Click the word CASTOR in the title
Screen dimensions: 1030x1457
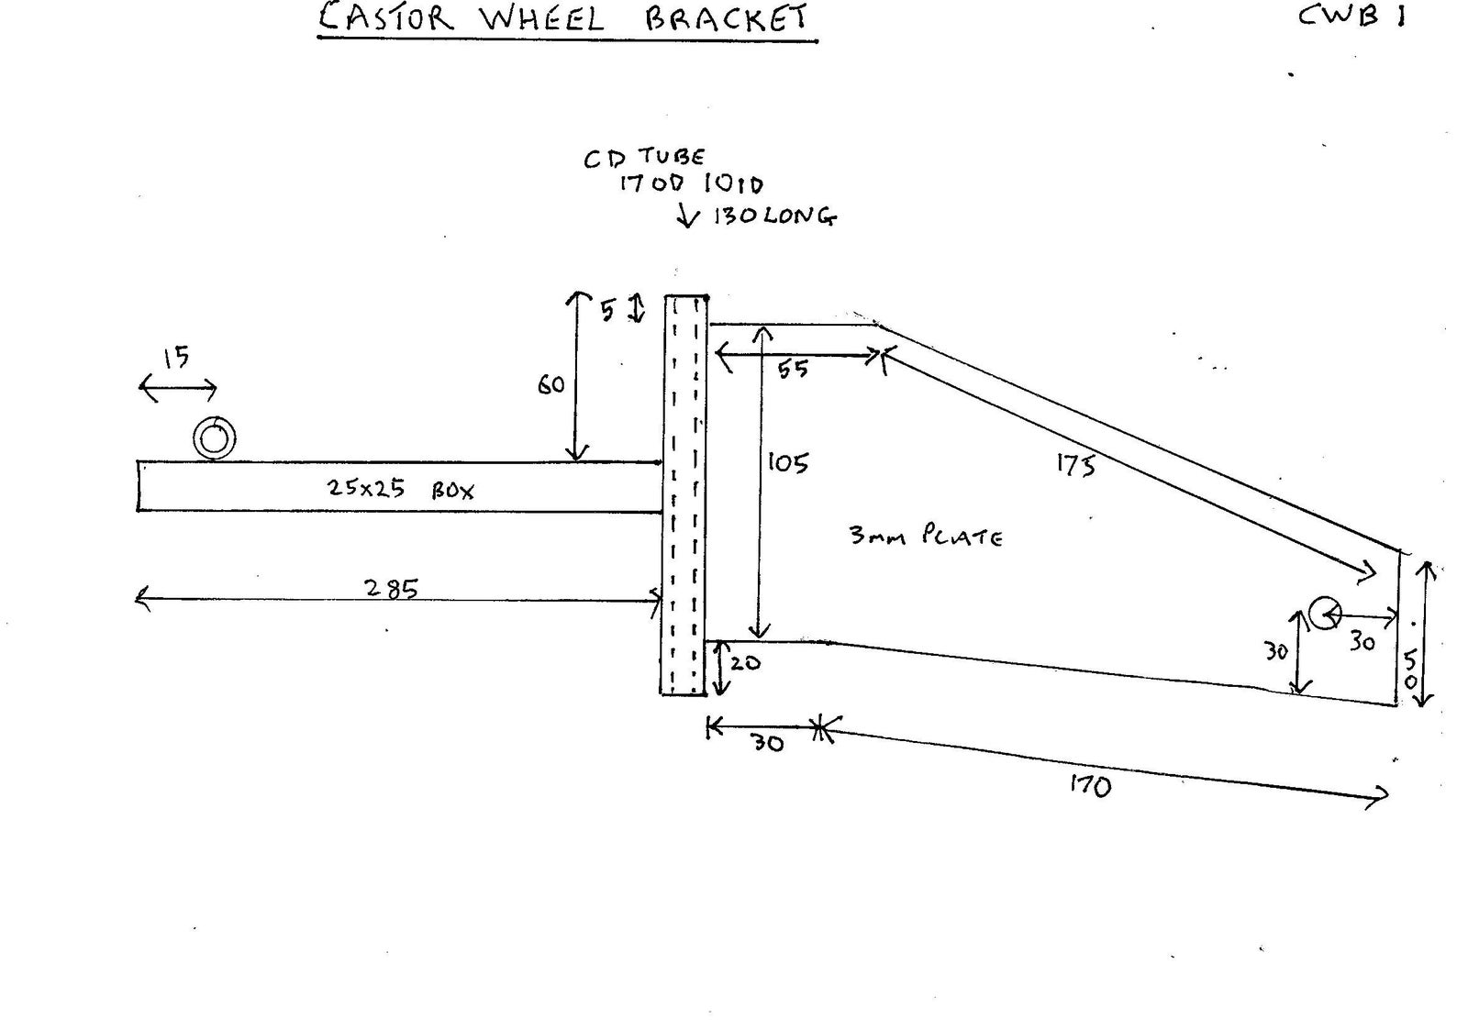pyautogui.click(x=385, y=18)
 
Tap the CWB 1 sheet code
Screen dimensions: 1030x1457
pyautogui.click(x=1351, y=16)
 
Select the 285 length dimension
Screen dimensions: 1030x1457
pyautogui.click(x=392, y=588)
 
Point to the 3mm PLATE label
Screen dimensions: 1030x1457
pyautogui.click(x=925, y=536)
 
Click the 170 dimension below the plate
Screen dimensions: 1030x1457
pyautogui.click(x=1090, y=785)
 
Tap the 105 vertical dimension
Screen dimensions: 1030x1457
pyautogui.click(x=788, y=462)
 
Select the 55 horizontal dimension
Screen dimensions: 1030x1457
pyautogui.click(x=793, y=369)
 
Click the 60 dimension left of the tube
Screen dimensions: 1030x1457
pyautogui.click(x=551, y=385)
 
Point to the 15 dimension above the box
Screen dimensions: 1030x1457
pyautogui.click(x=176, y=357)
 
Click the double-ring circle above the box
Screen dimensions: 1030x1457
pyautogui.click(x=215, y=438)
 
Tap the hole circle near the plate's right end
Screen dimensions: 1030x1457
pyautogui.click(x=1324, y=612)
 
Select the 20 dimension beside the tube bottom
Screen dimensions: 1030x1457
pyautogui.click(x=745, y=662)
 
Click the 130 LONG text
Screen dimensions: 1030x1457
pyautogui.click(x=774, y=217)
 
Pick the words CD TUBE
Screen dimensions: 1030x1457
pyautogui.click(x=644, y=158)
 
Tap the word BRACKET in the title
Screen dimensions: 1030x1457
pyautogui.click(x=728, y=18)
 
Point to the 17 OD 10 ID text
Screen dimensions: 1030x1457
pyautogui.click(x=690, y=183)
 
